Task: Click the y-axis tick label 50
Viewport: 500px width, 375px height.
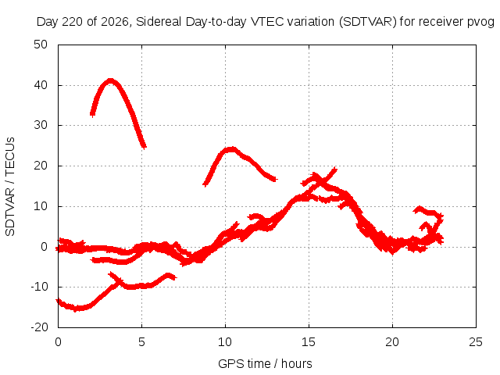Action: (x=41, y=45)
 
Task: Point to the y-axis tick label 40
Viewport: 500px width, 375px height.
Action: (x=41, y=85)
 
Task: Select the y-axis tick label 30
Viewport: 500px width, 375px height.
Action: (x=41, y=125)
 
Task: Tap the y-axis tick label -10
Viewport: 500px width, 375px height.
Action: (x=39, y=287)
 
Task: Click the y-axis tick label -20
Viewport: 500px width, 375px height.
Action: (x=39, y=327)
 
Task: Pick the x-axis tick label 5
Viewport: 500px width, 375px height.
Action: (x=141, y=342)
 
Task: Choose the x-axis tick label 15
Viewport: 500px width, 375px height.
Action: (x=309, y=342)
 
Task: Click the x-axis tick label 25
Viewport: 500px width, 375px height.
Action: (x=476, y=342)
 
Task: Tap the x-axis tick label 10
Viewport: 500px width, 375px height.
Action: (x=225, y=342)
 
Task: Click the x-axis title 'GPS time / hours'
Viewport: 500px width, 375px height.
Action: (x=265, y=364)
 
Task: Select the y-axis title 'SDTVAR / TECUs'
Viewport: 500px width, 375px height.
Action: (x=10, y=187)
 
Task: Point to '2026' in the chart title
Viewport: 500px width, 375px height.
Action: (x=115, y=22)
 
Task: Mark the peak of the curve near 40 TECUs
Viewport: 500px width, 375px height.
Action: (x=110, y=80)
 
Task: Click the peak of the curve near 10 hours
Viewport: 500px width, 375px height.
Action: (x=231, y=148)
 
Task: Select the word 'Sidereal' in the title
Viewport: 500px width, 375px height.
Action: (x=159, y=22)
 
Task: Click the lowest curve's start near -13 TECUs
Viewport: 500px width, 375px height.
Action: (x=58, y=300)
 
